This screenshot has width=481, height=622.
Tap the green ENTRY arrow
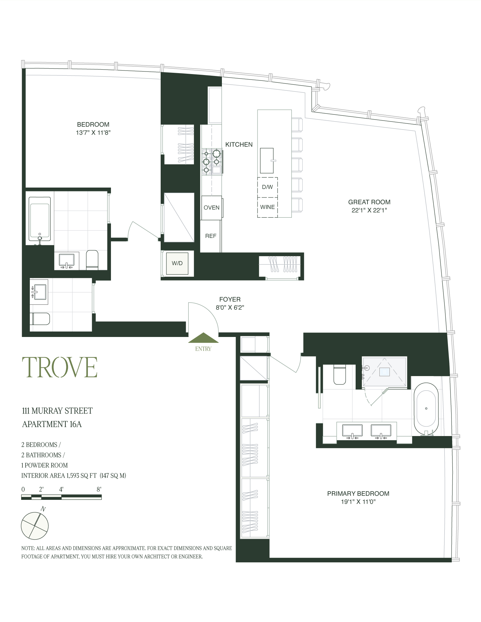[x=203, y=339]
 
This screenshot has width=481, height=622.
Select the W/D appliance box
[x=177, y=263]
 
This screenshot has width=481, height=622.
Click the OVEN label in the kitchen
[x=211, y=208]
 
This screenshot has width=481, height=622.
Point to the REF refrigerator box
[x=211, y=236]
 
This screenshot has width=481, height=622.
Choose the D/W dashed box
[x=267, y=187]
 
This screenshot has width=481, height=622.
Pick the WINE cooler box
[x=267, y=207]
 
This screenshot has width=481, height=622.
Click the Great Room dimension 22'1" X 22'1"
[x=369, y=210]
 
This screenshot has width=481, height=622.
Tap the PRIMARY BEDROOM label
[x=358, y=493]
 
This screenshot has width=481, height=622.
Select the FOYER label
[x=230, y=299]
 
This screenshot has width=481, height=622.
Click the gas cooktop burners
[x=212, y=161]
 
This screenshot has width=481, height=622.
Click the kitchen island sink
[x=267, y=160]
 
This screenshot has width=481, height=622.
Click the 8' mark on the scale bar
[x=99, y=489]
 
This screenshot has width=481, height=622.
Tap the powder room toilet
[x=40, y=319]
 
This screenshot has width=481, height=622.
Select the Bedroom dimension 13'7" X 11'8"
[x=93, y=133]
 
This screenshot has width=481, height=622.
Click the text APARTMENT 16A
[x=52, y=424]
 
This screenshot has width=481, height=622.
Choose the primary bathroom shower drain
[x=384, y=372]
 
